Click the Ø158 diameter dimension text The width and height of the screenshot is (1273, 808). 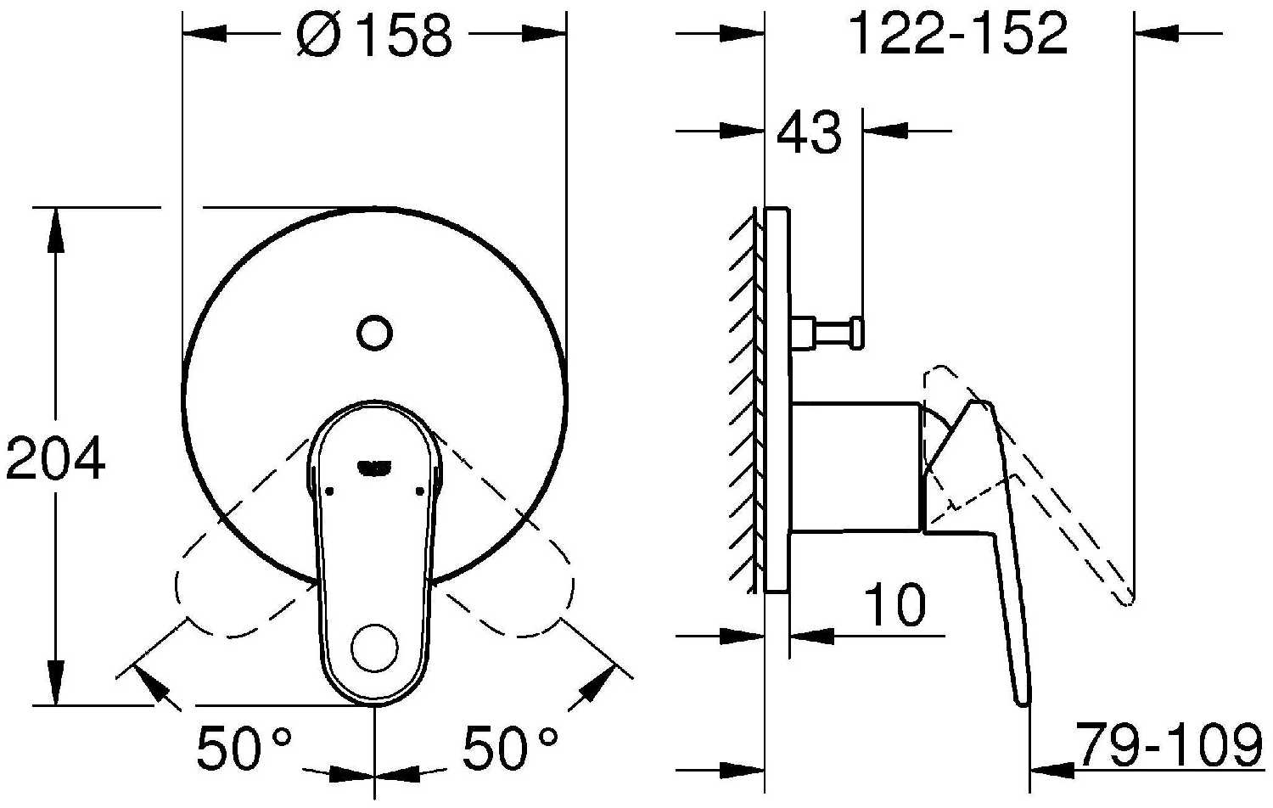pos(374,36)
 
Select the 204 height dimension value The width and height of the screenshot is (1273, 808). pos(55,458)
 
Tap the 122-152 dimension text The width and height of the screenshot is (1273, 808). pos(958,34)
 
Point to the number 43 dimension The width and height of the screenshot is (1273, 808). pos(810,132)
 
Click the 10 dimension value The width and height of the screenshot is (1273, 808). pos(894,603)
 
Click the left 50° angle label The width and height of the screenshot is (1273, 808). pos(244,747)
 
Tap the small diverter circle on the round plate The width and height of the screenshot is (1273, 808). pos(374,333)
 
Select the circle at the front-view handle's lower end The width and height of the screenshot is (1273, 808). pos(374,648)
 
